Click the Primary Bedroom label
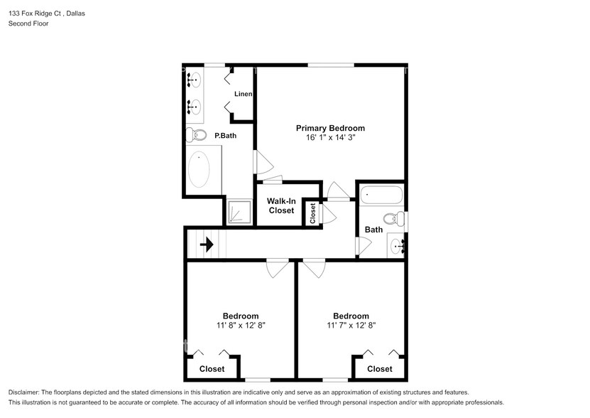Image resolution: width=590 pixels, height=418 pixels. pos(330,128)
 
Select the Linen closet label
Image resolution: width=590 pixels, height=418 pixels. pos(244,94)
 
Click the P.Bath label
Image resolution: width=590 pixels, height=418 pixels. pos(226,135)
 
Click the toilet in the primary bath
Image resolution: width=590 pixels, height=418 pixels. pos(197,134)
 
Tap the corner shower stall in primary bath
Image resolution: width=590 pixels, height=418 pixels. pos(239,212)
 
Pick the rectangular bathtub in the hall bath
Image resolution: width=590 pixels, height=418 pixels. pos(381,195)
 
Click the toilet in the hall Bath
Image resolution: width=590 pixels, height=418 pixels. pos(393,218)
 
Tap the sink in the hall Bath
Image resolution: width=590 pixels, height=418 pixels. pos(398,246)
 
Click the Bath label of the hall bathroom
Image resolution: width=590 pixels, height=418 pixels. pos(373,230)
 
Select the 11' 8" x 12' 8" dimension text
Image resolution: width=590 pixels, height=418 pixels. pos(241,326)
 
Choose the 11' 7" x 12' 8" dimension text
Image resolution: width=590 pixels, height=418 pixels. pos(351,326)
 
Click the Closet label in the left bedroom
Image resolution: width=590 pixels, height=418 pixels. pos(212,369)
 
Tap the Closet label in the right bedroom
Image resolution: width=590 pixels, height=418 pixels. pos(379,369)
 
